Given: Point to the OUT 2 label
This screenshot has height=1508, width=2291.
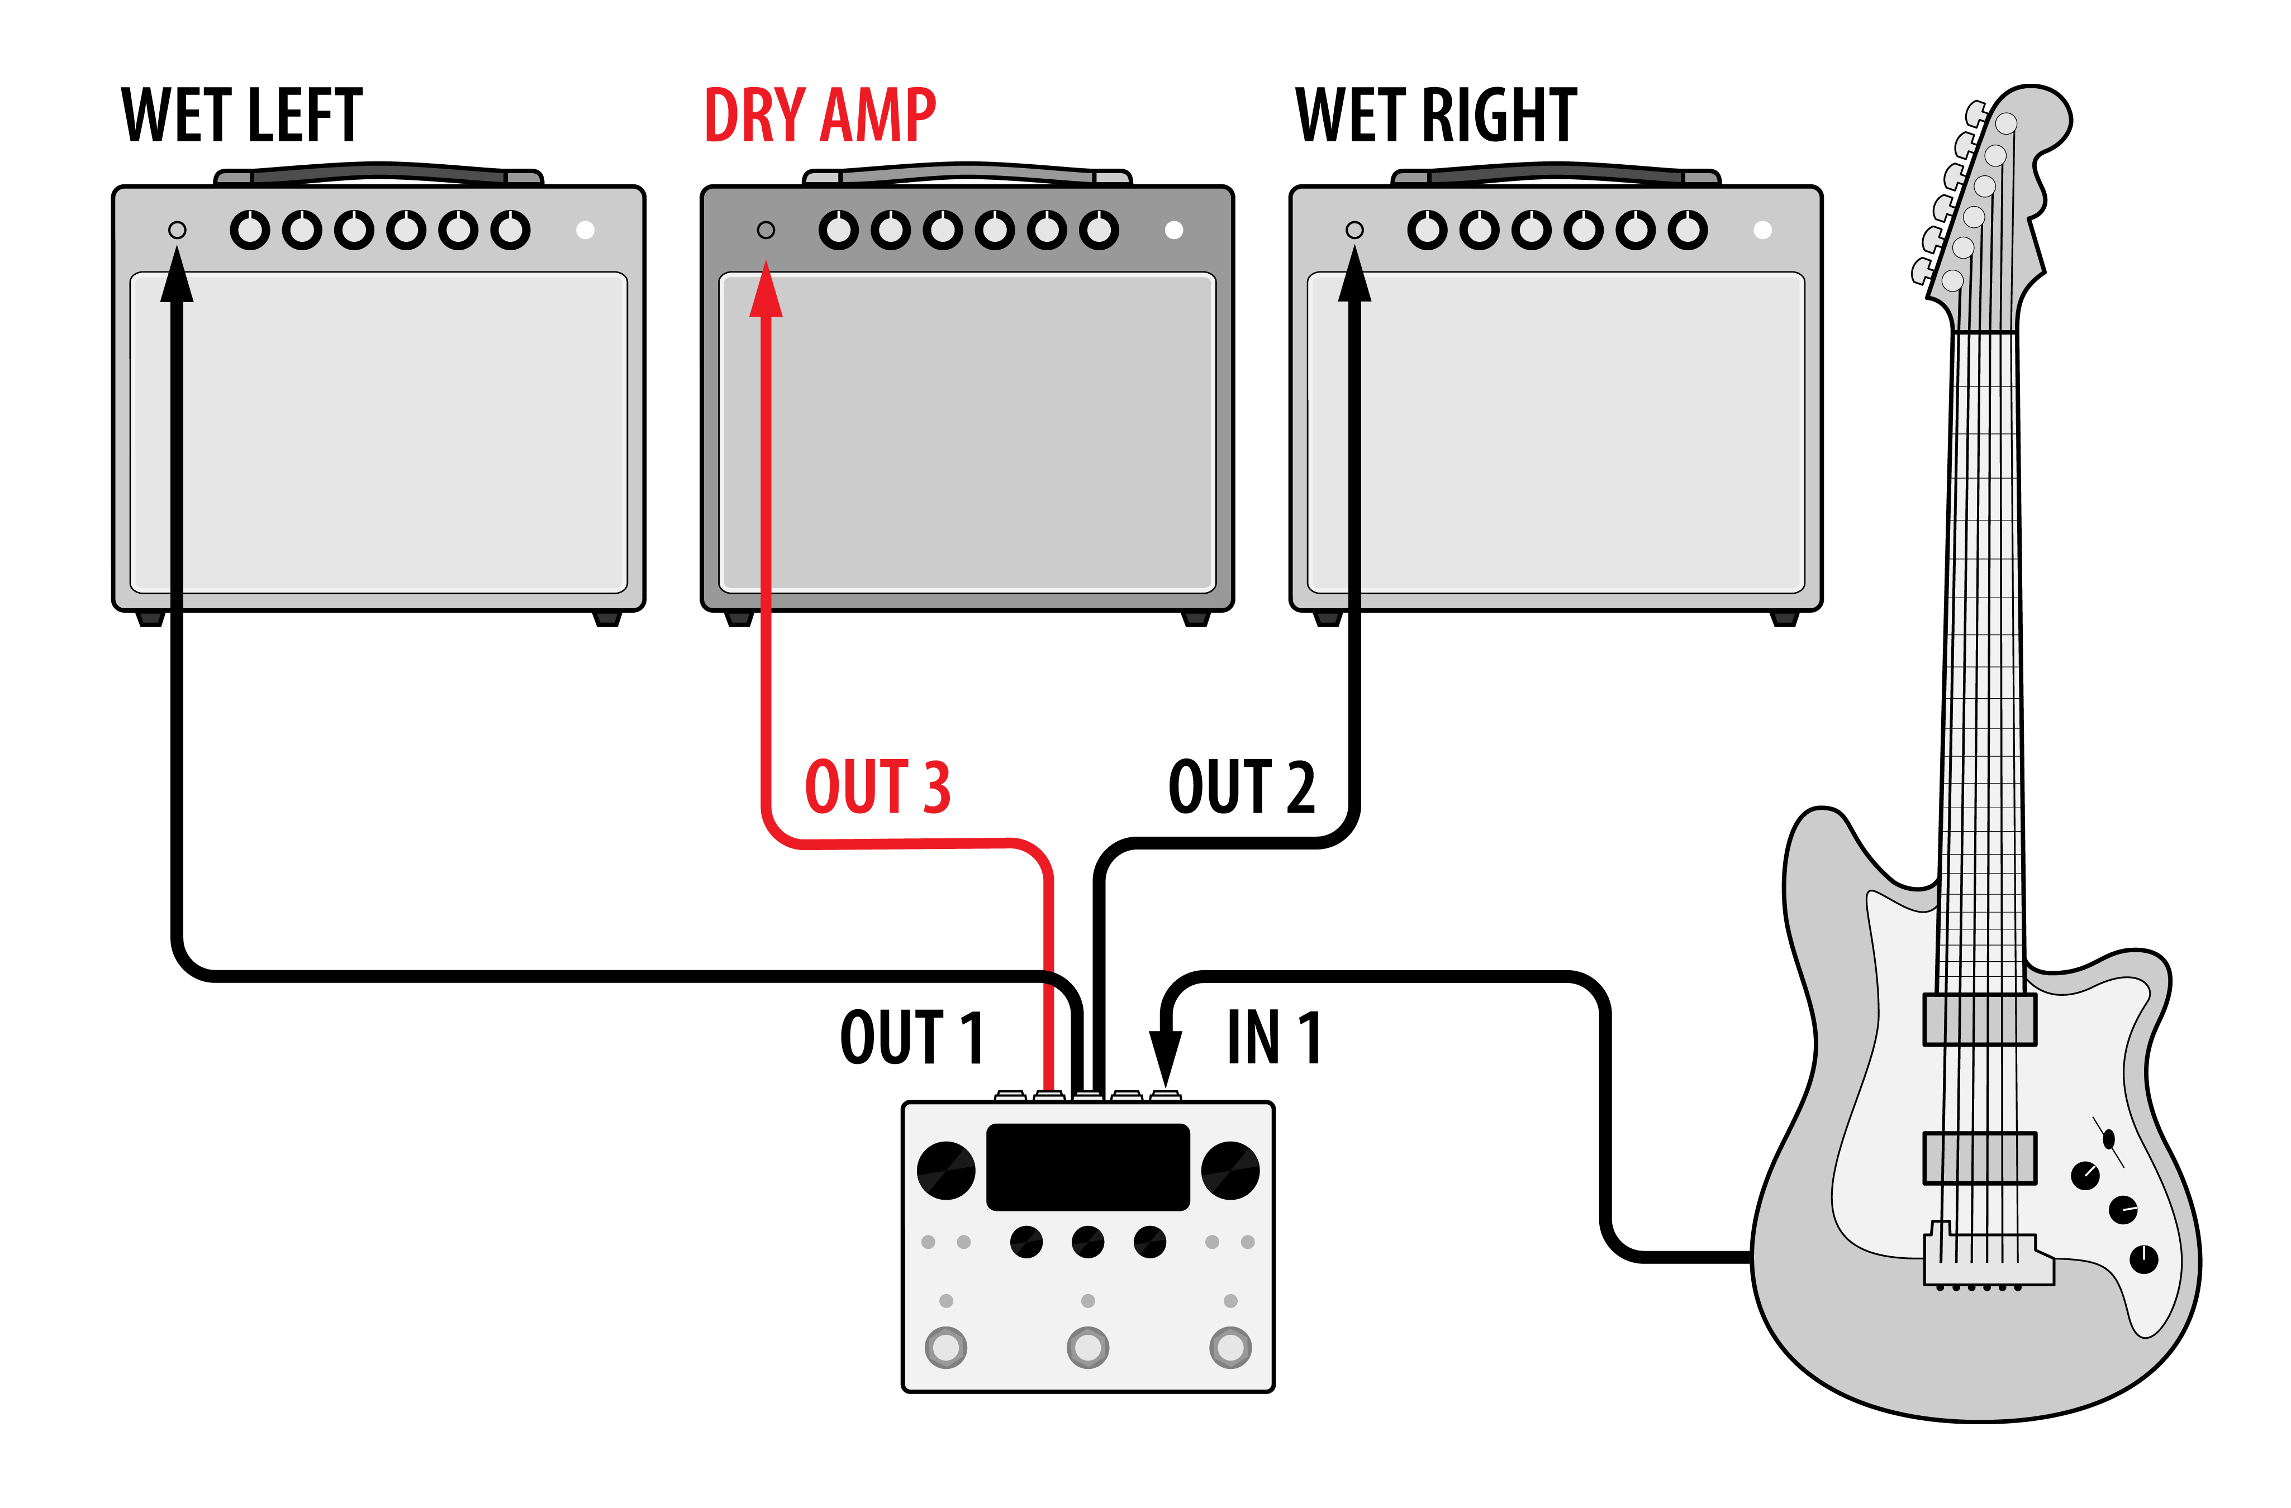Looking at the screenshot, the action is tap(1242, 786).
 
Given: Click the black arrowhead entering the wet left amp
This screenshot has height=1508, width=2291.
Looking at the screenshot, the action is tap(177, 274).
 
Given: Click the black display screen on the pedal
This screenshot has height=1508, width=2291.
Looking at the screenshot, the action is tap(1088, 1166).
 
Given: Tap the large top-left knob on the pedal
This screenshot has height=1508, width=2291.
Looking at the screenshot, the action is tap(946, 1170).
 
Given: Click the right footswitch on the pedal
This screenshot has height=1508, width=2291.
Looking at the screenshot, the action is tap(1230, 1347).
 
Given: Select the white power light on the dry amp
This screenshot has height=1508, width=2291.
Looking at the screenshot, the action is tap(1173, 230).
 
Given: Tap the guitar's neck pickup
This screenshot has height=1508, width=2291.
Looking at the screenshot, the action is tap(1980, 1019).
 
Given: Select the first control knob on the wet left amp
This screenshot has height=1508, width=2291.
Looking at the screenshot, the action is tap(250, 230).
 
